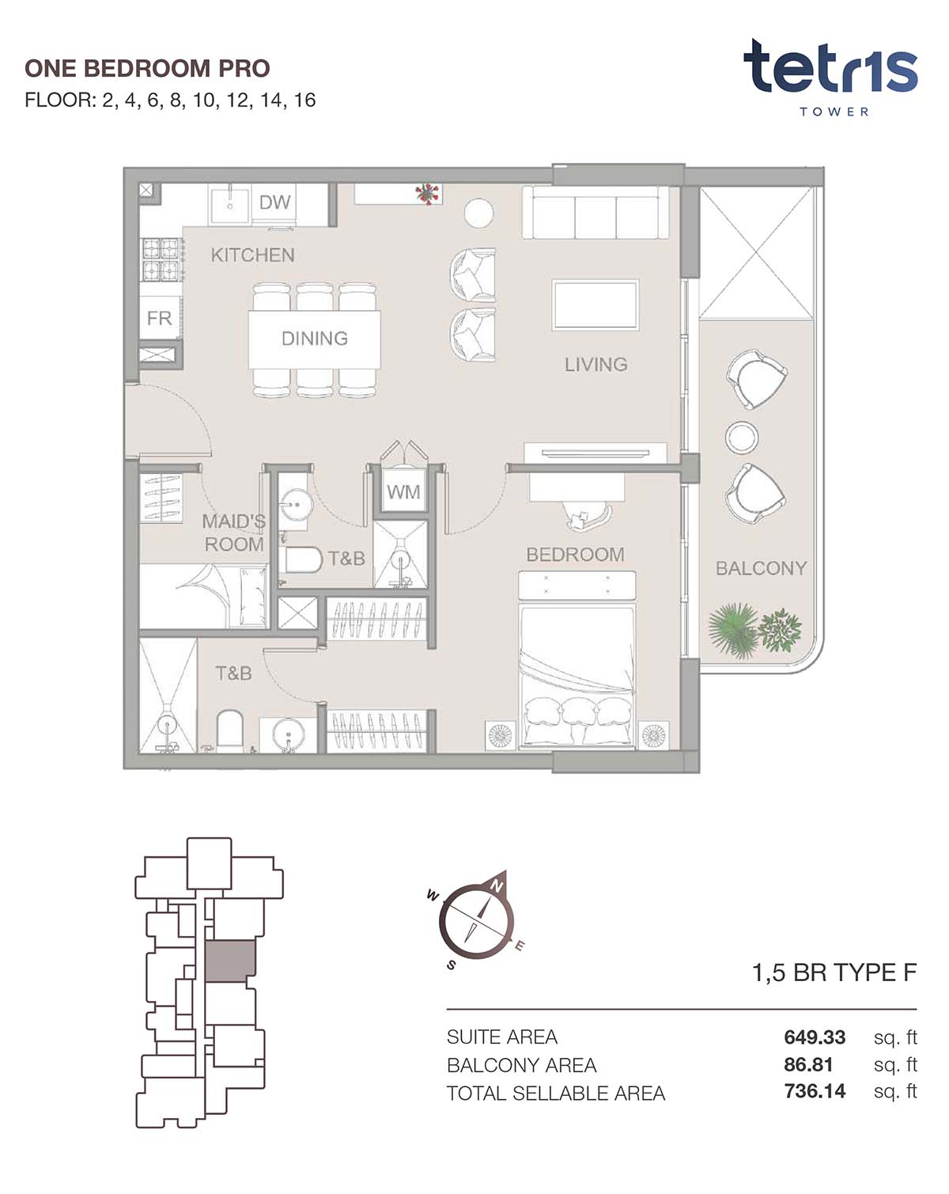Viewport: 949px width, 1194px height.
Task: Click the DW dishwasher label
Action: [274, 203]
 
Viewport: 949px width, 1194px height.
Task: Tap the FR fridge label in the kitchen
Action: [159, 318]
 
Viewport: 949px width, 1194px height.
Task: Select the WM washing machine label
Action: [403, 491]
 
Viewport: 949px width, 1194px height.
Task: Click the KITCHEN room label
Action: [252, 256]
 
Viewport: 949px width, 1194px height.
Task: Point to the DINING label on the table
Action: [315, 339]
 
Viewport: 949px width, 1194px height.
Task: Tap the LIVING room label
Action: [595, 365]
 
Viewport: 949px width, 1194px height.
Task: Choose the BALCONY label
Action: [761, 568]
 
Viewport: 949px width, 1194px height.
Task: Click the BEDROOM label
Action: [575, 555]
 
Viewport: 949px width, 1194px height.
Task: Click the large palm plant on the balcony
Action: [732, 631]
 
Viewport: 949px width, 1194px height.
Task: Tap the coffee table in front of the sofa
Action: [595, 305]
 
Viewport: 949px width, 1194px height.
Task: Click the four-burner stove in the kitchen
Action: [161, 260]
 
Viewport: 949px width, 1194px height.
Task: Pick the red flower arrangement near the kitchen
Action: [427, 194]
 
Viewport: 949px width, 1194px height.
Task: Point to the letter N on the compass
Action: [497, 887]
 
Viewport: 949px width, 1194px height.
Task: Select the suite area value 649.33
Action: [815, 1037]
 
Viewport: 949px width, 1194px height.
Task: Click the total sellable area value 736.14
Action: [815, 1091]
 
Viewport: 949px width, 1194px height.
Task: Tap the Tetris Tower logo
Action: [830, 77]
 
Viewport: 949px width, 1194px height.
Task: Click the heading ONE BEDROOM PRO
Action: [148, 69]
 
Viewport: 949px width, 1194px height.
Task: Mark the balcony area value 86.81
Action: [808, 1064]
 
